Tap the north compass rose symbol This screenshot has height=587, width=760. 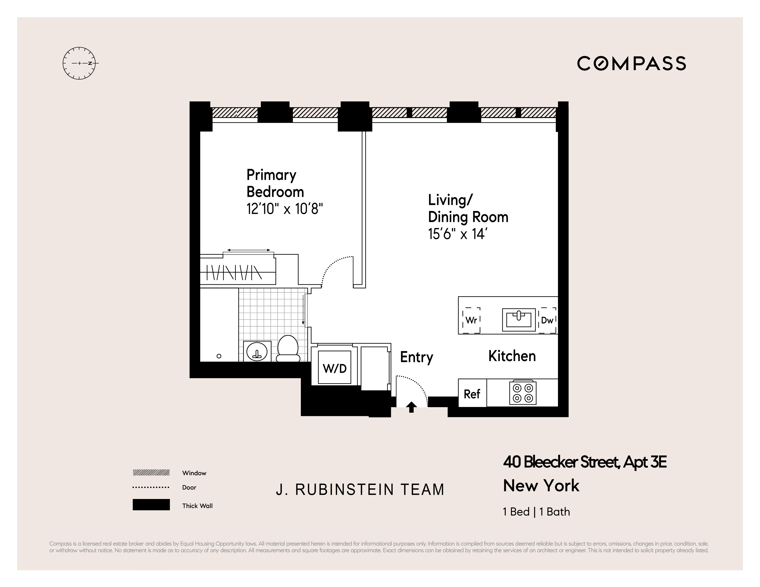(79, 63)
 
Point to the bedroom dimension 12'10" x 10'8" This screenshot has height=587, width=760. (285, 209)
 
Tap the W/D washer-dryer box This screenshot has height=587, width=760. (335, 368)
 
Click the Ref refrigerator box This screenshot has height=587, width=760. (472, 394)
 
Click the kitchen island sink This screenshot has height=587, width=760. (518, 319)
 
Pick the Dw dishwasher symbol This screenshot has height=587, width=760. (547, 320)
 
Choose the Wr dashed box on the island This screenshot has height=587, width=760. (471, 320)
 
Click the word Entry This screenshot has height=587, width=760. (417, 357)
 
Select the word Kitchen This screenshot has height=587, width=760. (512, 356)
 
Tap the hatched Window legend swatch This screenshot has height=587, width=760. (151, 473)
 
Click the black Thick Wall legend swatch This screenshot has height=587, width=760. (151, 505)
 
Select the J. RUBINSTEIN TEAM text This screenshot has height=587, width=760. (360, 490)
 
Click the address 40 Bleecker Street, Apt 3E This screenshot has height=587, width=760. (585, 462)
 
